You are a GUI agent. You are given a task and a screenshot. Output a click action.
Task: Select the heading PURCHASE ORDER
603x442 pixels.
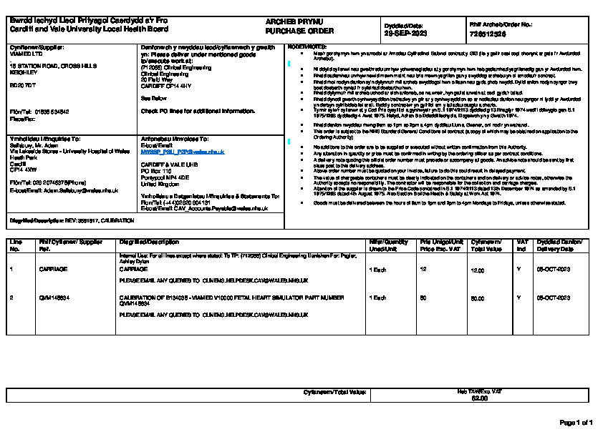[294, 31]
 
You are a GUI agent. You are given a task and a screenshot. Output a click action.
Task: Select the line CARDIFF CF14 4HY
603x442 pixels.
[167, 85]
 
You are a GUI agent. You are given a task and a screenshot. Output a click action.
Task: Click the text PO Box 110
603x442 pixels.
[158, 172]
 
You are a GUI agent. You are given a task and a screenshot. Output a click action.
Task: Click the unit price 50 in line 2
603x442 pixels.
[423, 297]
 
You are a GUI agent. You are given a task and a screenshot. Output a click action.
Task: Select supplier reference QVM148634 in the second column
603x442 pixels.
[55, 297]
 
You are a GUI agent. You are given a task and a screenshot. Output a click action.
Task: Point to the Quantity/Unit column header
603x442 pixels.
[388, 245]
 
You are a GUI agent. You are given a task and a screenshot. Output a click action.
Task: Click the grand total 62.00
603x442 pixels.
[479, 398]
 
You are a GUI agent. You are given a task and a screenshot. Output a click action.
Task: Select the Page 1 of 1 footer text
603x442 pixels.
[576, 423]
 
